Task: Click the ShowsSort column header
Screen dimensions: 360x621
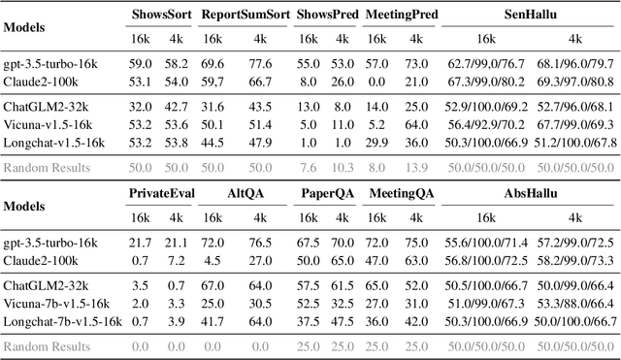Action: pos(161,16)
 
